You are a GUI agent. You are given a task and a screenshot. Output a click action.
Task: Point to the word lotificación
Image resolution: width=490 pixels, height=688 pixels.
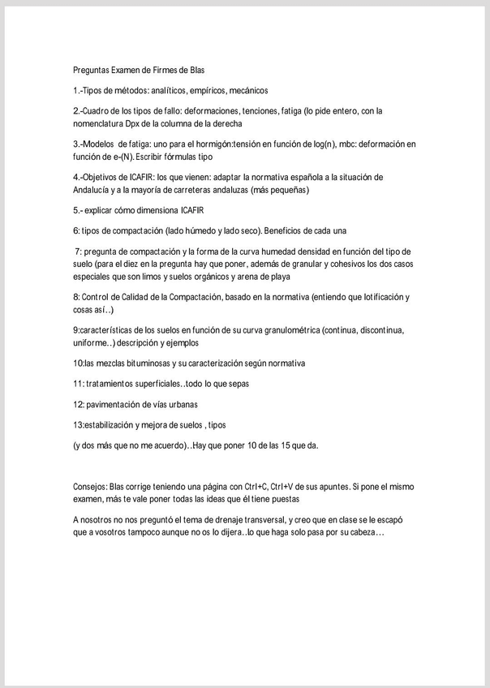click(381, 297)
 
